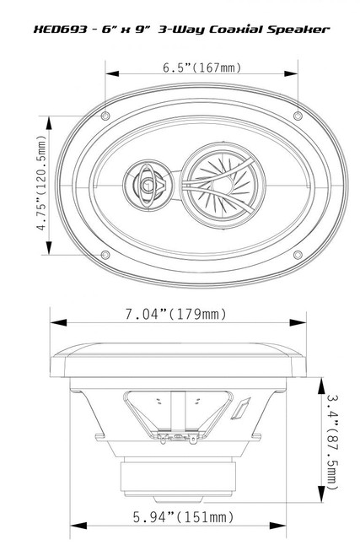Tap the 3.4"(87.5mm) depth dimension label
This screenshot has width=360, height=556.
334,438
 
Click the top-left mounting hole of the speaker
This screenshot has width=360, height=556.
105,114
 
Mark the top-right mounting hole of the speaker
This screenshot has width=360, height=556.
296,114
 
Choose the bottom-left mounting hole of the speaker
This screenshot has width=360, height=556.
105,254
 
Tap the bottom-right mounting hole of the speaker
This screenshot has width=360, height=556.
296,254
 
